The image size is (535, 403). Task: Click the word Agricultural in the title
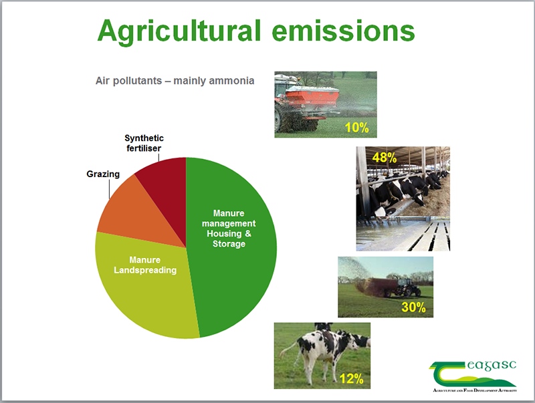[x=179, y=31]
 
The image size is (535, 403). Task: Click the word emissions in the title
[x=343, y=31]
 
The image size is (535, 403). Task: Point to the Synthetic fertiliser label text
[x=144, y=143]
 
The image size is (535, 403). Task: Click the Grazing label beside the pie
[x=103, y=174]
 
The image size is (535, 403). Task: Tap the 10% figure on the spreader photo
[x=357, y=128]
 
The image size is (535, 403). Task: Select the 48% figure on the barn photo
[x=385, y=158]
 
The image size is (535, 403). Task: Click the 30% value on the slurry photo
[x=413, y=307]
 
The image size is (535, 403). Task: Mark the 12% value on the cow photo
[x=352, y=378]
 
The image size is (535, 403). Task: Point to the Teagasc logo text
[x=492, y=365]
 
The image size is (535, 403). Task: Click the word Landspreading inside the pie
[x=145, y=270]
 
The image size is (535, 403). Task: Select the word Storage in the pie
[x=229, y=244]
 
